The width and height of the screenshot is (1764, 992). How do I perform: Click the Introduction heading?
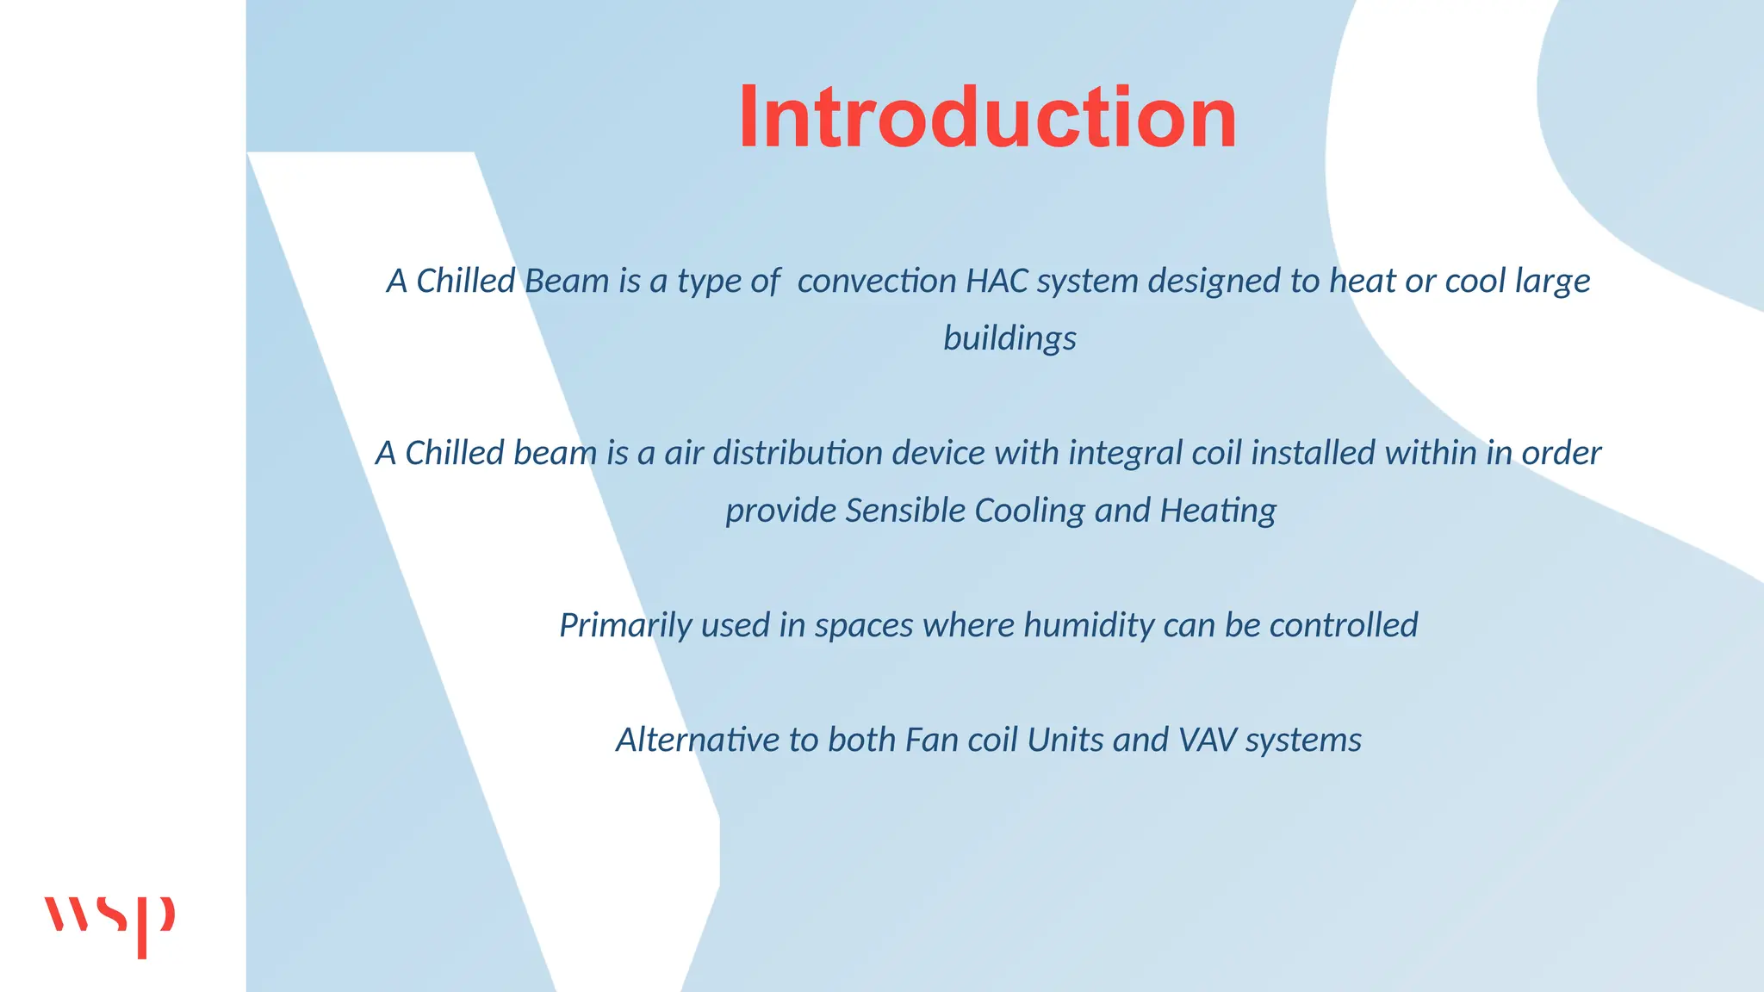click(x=987, y=117)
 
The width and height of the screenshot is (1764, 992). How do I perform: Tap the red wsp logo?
click(x=109, y=923)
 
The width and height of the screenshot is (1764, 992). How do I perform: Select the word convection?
click(x=876, y=281)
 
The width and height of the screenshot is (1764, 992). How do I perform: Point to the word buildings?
click(x=1009, y=338)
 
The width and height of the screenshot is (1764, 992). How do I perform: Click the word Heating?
click(x=1218, y=511)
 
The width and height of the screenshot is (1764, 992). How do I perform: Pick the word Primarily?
click(x=625, y=626)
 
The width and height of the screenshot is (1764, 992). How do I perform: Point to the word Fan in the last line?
click(x=932, y=740)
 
